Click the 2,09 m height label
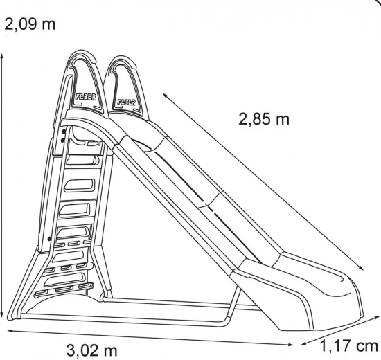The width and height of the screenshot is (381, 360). click(30, 24)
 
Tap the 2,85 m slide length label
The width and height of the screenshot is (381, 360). click(264, 119)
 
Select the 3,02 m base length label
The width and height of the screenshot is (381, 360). click(92, 350)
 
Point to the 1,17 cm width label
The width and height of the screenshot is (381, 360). click(349, 346)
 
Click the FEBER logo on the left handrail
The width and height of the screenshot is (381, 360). click(85, 97)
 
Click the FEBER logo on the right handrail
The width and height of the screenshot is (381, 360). click(126, 102)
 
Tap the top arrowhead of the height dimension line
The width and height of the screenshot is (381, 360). click(1, 55)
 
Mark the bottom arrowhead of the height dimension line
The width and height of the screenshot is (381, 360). click(1, 315)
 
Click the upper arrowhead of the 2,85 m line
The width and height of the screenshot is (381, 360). click(166, 95)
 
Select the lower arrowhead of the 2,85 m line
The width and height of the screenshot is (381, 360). click(361, 268)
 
